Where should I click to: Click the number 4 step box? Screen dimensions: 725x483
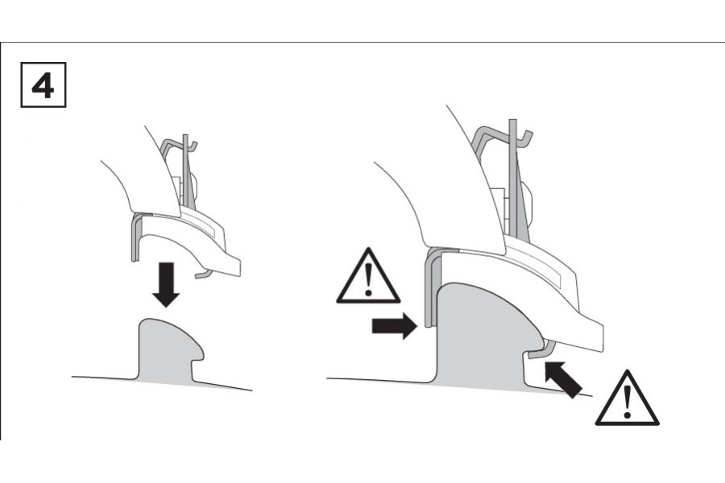(43, 85)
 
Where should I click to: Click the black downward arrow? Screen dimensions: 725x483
(165, 285)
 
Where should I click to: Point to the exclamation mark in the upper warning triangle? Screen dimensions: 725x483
(368, 279)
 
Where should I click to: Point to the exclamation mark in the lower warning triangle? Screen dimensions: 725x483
(627, 401)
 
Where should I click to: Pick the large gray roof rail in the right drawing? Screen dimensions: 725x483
(481, 337)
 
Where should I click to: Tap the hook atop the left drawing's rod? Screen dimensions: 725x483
(193, 145)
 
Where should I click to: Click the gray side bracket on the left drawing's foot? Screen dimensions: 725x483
(135, 237)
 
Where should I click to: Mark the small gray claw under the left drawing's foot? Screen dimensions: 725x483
(204, 275)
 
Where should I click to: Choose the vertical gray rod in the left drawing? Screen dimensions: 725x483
(185, 171)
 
